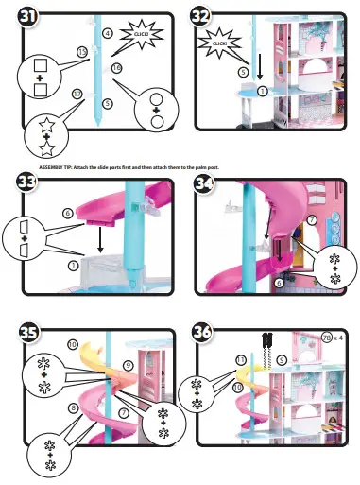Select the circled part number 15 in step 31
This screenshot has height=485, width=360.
pos(82,51)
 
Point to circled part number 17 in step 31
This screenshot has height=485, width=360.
pos(78,94)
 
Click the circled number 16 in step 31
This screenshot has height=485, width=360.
pos(116,68)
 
